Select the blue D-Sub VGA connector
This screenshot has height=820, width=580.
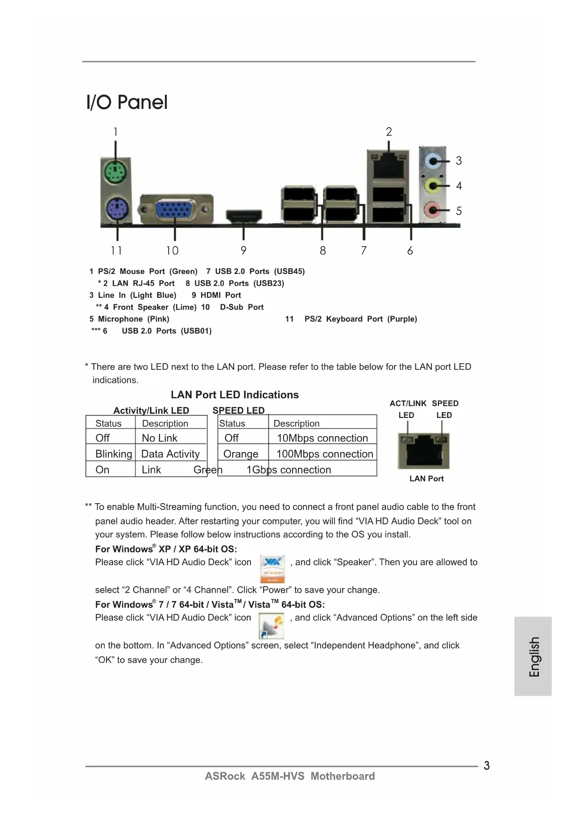pyautogui.click(x=175, y=210)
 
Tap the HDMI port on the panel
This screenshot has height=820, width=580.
pyautogui.click(x=244, y=216)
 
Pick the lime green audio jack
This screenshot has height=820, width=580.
pyautogui.click(x=433, y=186)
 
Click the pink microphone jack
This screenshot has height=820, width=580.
pyautogui.click(x=433, y=210)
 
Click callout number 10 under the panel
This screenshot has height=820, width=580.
pyautogui.click(x=172, y=251)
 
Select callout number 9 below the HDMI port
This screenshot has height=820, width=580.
pyautogui.click(x=243, y=251)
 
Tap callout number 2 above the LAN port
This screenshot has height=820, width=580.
pyautogui.click(x=389, y=132)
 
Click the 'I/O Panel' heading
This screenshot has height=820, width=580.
pyautogui.click(x=127, y=102)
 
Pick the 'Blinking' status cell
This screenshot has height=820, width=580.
pyautogui.click(x=113, y=454)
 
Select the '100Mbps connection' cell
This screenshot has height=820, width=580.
pyautogui.click(x=324, y=454)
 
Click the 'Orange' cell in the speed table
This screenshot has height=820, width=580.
pyautogui.click(x=241, y=454)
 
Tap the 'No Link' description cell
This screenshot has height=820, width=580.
pyautogui.click(x=160, y=438)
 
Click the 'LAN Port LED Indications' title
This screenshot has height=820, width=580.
pyautogui.click(x=235, y=395)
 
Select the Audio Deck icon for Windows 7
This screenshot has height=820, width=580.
pyautogui.click(x=272, y=626)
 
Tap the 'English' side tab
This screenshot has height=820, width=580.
pyautogui.click(x=534, y=656)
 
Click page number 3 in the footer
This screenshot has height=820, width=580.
pyautogui.click(x=487, y=766)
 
